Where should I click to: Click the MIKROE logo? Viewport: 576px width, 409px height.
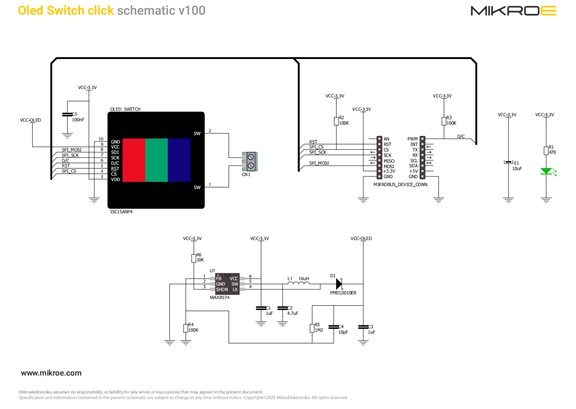513,10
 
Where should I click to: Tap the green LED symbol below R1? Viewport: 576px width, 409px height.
546,171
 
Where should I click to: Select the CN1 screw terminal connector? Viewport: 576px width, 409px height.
250,161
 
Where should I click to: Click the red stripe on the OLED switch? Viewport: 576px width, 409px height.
134,160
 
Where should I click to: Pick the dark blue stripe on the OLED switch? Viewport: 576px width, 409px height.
179,160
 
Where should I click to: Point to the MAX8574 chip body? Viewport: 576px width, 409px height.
227,284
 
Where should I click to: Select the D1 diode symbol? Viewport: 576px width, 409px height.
339,284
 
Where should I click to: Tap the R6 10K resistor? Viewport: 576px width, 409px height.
194,258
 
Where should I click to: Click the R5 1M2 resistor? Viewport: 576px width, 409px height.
312,328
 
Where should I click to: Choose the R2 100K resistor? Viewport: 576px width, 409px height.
336,121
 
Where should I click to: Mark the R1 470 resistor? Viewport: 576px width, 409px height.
546,151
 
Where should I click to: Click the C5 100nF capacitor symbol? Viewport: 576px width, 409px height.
67,114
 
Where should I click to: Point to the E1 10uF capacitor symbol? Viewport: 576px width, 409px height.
508,162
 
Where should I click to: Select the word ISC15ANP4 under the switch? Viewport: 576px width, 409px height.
121,212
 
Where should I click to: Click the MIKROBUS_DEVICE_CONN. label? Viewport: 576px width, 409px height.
400,184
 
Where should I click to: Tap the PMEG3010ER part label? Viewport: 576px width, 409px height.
343,293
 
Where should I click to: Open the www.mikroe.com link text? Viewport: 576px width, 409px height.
51,373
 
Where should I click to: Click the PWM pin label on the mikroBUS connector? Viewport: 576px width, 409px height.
412,139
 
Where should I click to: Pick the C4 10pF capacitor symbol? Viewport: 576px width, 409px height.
334,327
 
